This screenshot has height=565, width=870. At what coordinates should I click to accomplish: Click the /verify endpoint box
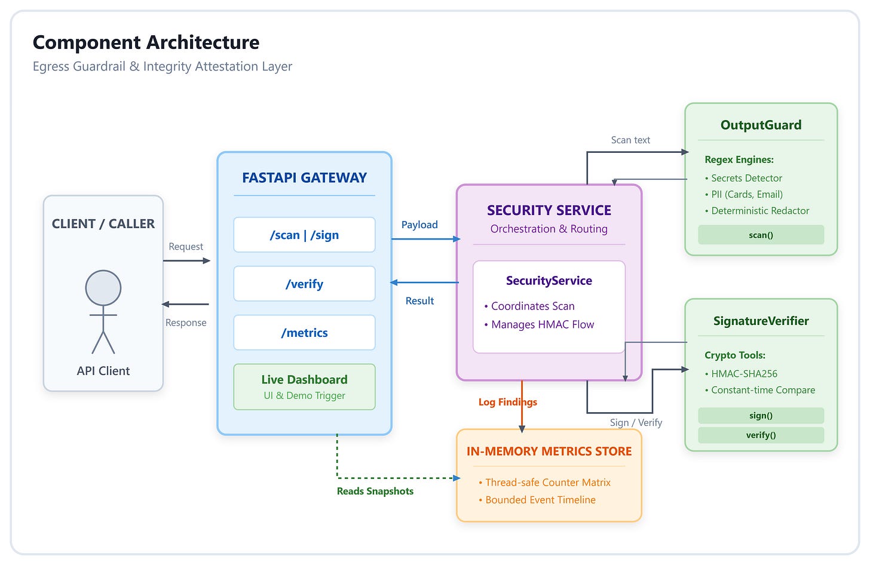coord(305,284)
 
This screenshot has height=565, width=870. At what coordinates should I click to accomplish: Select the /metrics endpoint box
coord(305,333)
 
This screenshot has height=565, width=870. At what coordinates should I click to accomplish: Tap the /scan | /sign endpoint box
coord(305,235)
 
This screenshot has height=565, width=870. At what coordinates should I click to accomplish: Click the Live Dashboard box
coord(305,387)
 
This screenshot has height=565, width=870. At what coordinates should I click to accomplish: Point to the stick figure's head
coord(103,288)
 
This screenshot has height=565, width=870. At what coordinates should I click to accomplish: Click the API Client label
coord(103,371)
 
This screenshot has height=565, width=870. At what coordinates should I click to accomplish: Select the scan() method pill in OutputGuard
coord(761,235)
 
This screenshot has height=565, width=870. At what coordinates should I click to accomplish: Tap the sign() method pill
coord(761,416)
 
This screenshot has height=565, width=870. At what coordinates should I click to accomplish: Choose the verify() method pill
coord(761,435)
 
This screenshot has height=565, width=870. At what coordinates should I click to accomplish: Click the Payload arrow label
coord(419,225)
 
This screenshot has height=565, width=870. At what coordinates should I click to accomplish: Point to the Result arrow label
coord(419,300)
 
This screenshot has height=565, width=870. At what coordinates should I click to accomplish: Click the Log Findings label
coord(508,402)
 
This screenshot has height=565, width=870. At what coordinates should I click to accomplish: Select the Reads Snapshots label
coord(375,491)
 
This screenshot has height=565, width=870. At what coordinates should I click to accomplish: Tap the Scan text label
coord(630,140)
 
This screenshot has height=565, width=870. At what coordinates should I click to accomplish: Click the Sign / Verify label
coord(636,422)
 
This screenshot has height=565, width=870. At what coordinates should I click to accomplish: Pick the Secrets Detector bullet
coord(743,178)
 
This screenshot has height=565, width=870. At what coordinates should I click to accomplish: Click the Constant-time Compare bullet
coord(759,390)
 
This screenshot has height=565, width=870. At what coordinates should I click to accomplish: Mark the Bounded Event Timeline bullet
coord(537,500)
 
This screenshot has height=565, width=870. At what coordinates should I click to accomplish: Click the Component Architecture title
coord(146,42)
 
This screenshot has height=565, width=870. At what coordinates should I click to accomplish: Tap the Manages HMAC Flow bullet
coord(539,324)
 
